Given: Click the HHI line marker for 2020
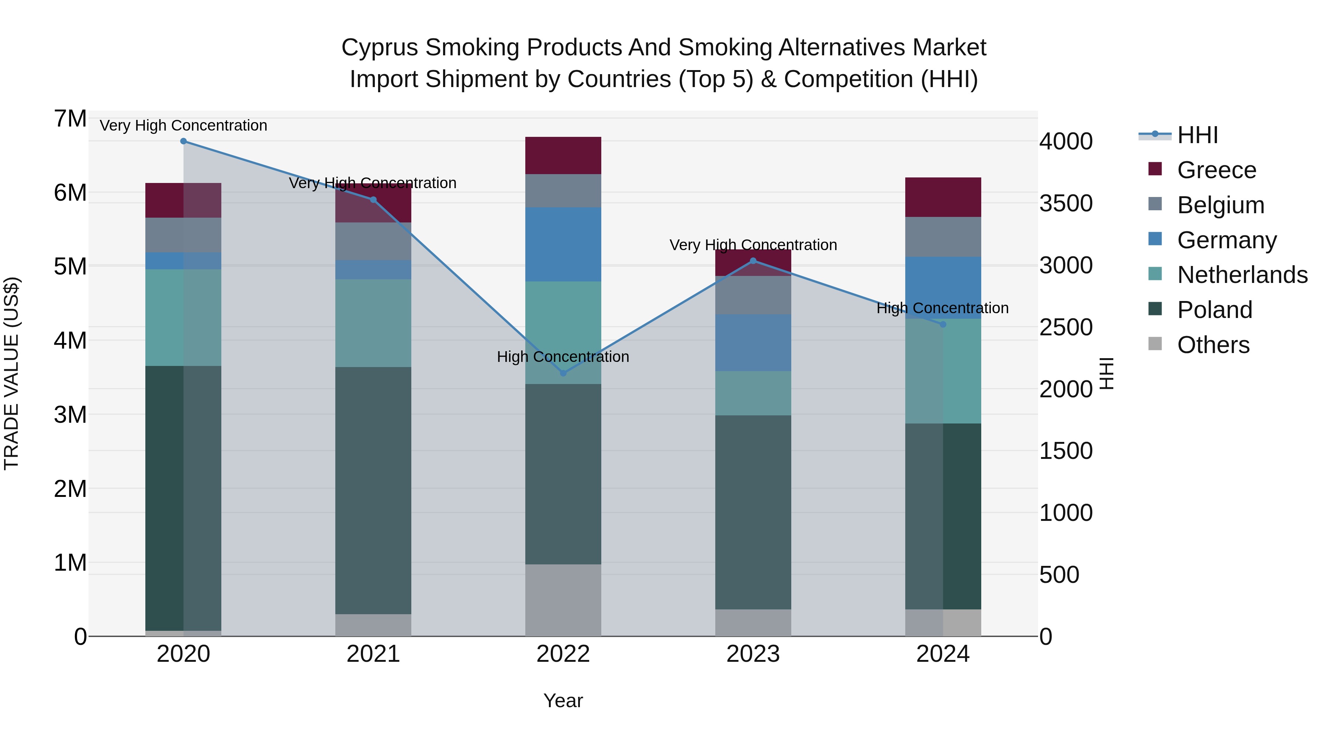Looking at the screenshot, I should pos(184,141).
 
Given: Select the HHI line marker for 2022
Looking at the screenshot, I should pos(563,373).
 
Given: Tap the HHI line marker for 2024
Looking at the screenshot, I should pos(943,324).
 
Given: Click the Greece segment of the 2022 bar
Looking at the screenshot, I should pos(563,156).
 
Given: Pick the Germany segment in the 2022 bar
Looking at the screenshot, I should pos(563,244).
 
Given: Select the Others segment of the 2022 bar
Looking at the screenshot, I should pos(563,600).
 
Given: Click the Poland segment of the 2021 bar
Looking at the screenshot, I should pos(373,490).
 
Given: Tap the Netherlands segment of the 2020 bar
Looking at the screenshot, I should pos(184,318).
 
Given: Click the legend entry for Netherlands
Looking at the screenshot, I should pos(1242,275).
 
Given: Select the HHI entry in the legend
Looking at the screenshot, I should pos(1197,135).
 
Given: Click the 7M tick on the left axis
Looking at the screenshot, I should pos(70,119).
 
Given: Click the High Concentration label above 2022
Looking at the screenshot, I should pos(563,357).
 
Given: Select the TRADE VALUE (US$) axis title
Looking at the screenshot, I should pos(11,373).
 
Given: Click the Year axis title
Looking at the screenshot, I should pos(563,701).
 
